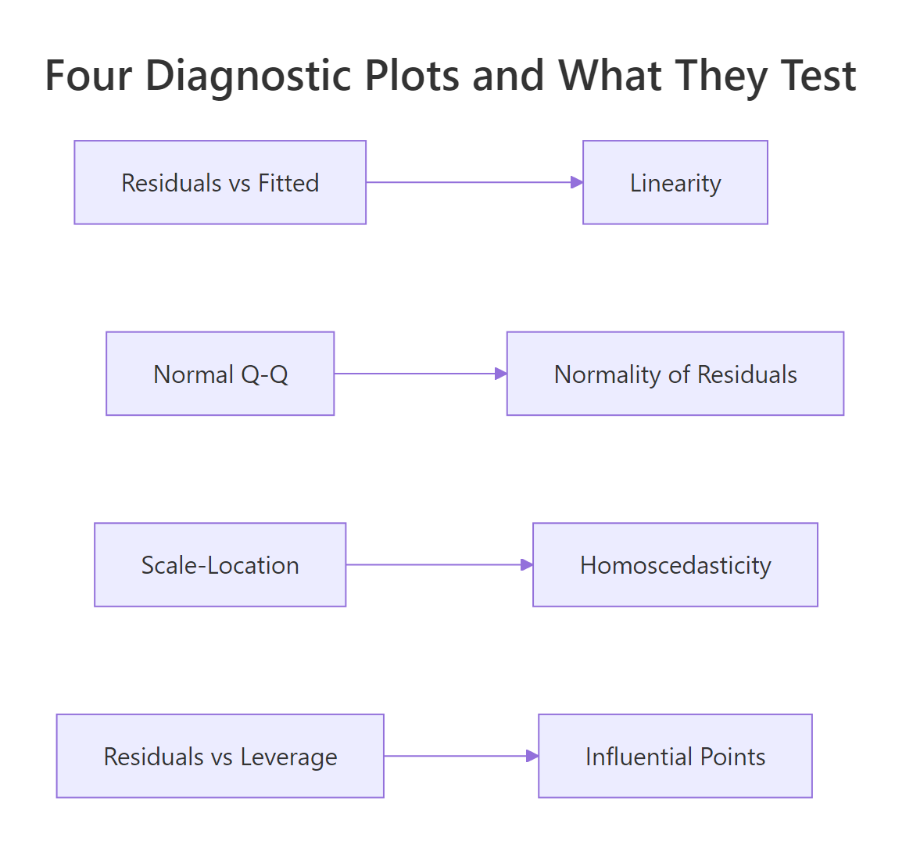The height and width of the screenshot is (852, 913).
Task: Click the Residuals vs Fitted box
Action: (220, 182)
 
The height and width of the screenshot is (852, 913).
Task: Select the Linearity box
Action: (675, 182)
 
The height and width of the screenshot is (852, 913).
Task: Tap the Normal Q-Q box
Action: (220, 374)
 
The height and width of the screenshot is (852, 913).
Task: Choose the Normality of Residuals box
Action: (675, 374)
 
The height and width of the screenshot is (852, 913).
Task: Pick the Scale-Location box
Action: (220, 564)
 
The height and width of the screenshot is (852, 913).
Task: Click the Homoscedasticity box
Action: (675, 564)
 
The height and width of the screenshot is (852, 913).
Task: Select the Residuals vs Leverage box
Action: (220, 756)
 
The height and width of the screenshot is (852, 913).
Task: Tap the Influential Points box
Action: (675, 756)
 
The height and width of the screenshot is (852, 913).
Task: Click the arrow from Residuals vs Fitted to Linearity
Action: (474, 182)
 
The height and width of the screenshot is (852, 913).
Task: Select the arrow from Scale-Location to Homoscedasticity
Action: (439, 564)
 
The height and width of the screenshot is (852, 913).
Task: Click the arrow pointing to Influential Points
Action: (460, 756)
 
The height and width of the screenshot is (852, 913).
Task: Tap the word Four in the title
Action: (88, 76)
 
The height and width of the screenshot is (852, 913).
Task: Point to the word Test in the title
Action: (818, 76)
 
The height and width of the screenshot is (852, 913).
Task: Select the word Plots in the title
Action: (412, 76)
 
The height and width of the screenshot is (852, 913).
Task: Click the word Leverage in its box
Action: (288, 757)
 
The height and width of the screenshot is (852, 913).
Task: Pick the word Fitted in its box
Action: (288, 183)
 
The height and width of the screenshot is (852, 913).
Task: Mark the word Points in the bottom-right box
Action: (732, 757)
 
